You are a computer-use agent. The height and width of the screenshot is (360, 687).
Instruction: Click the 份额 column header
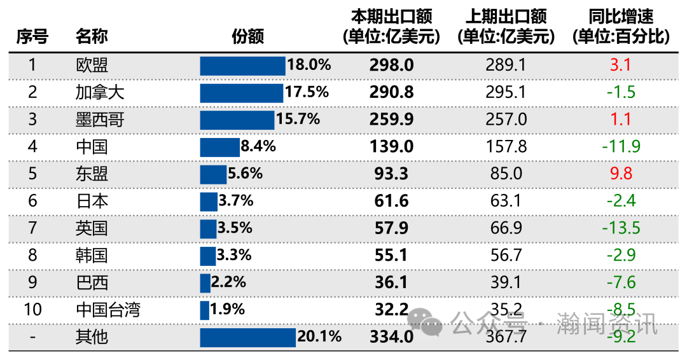[247, 37]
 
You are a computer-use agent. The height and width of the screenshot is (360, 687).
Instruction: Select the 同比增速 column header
[621, 27]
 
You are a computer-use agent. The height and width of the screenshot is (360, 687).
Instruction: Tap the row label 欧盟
[92, 65]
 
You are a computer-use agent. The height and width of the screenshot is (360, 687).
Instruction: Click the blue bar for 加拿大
[241, 92]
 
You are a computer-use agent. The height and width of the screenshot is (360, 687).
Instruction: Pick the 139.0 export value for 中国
[392, 147]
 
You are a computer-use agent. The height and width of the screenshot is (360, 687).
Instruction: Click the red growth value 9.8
[620, 174]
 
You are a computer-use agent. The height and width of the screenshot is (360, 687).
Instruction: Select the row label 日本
[92, 201]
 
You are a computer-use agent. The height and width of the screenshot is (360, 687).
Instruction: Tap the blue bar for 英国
[208, 228]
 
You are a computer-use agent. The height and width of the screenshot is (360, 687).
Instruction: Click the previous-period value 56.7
[506, 255]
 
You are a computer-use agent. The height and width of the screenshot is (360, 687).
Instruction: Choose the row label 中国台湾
[108, 310]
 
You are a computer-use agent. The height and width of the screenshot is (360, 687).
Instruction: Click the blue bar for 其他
[247, 337]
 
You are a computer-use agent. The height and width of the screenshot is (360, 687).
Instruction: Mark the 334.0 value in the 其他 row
[392, 337]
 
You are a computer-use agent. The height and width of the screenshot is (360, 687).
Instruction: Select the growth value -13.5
[620, 228]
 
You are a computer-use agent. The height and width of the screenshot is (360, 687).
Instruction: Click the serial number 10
[32, 310]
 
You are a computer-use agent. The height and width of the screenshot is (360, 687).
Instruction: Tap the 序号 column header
[32, 37]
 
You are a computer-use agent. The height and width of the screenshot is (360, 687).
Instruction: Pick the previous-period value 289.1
[506, 65]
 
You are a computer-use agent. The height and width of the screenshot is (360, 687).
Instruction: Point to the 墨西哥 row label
[100, 119]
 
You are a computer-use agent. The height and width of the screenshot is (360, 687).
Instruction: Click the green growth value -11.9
[620, 147]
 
